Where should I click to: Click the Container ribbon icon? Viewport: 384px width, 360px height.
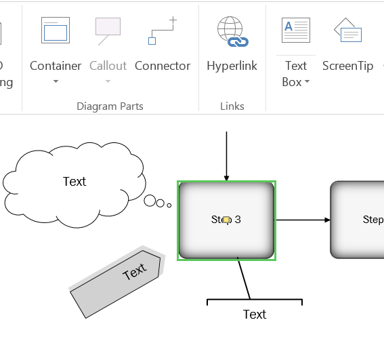click(56, 31)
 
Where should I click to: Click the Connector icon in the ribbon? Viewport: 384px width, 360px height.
click(163, 31)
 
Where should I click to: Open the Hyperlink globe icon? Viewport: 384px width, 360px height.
click(232, 32)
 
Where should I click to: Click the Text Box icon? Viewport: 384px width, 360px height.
click(296, 31)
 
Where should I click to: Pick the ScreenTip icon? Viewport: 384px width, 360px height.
click(347, 31)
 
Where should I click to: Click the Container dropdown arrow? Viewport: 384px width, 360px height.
click(56, 82)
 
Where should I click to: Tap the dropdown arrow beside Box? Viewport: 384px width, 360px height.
click(307, 82)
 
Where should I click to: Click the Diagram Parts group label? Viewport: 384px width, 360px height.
click(110, 106)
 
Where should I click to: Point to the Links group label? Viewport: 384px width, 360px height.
click(232, 106)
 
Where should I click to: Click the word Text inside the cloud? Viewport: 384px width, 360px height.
click(74, 182)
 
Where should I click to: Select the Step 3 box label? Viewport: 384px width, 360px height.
click(226, 220)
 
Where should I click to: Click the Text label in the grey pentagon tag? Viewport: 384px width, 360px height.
click(134, 272)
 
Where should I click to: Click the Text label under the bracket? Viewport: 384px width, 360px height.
click(255, 314)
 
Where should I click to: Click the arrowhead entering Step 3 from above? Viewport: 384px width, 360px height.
click(226, 178)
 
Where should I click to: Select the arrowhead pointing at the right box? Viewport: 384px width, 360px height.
click(327, 220)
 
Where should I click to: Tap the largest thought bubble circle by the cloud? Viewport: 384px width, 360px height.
click(150, 200)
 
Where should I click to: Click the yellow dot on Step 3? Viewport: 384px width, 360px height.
click(227, 220)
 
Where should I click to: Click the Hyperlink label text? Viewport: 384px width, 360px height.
click(232, 66)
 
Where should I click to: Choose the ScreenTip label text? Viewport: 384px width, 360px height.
click(347, 66)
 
